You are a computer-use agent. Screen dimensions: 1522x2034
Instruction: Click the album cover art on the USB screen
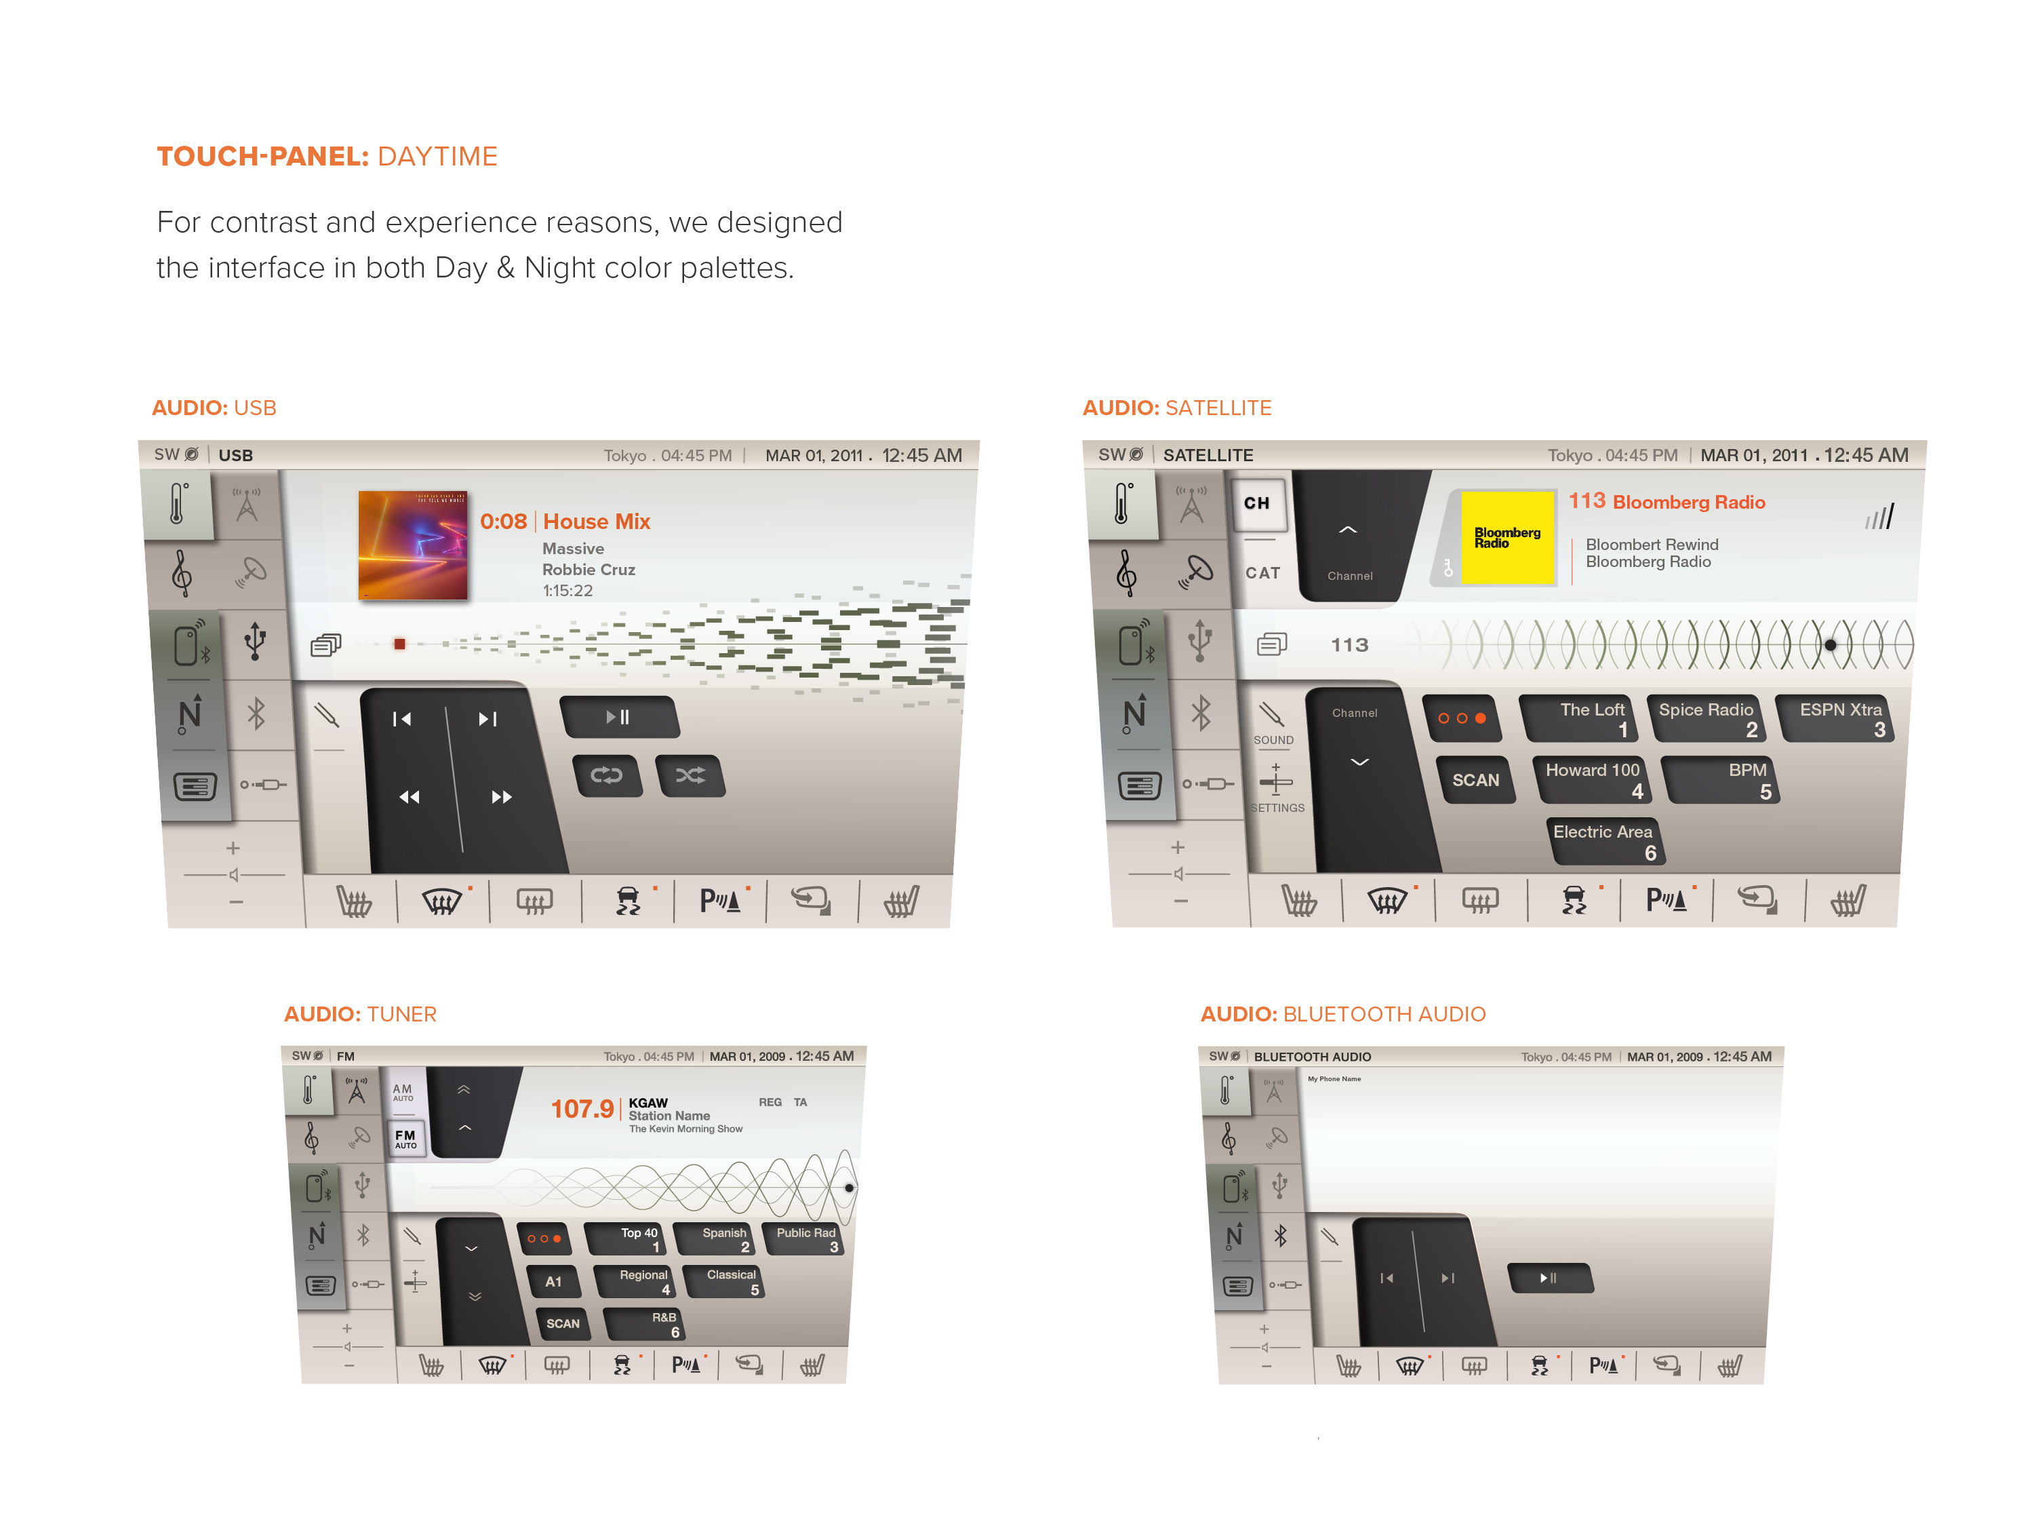click(412, 545)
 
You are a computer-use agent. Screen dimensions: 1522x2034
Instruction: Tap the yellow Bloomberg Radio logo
click(1507, 538)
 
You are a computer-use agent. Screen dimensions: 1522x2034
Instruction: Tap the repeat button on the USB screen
click(606, 775)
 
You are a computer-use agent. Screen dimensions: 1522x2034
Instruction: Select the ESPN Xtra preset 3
click(1835, 718)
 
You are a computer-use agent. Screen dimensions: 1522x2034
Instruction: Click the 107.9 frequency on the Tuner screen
click(581, 1108)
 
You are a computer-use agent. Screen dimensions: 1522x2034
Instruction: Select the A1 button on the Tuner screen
click(553, 1281)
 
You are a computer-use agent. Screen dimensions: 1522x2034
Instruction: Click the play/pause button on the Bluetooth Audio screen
click(1549, 1277)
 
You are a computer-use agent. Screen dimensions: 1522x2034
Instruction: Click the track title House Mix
click(596, 522)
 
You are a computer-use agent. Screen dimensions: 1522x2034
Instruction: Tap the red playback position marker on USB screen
click(399, 644)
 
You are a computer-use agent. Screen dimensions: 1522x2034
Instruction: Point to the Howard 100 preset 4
click(1590, 779)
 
